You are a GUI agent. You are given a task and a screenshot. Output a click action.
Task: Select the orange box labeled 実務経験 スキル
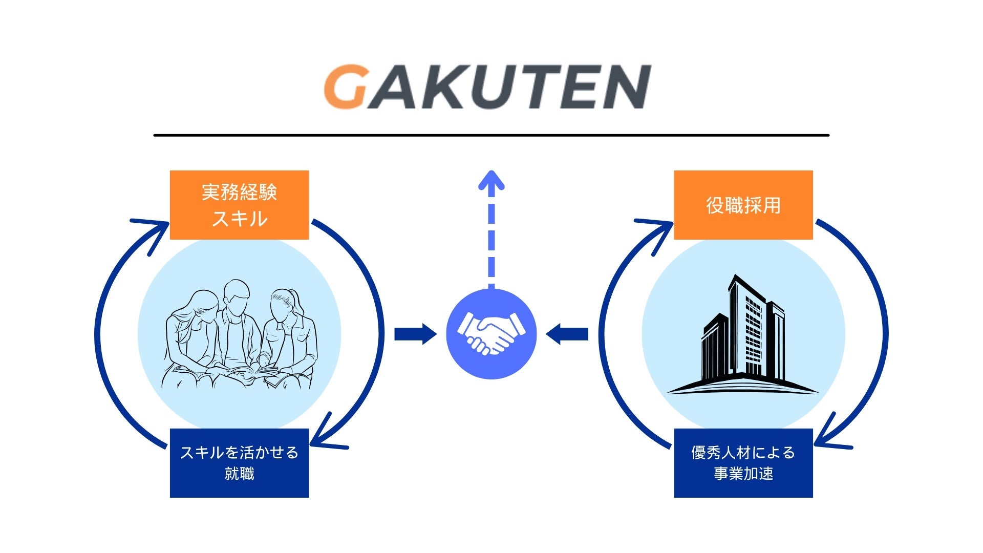(x=239, y=205)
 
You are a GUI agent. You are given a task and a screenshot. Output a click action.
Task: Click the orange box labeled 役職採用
(x=743, y=205)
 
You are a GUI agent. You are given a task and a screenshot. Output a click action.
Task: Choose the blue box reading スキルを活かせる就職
(x=239, y=463)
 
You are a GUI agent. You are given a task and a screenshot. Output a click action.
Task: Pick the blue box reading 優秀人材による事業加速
(x=743, y=463)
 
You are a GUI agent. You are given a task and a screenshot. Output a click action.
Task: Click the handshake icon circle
(x=491, y=334)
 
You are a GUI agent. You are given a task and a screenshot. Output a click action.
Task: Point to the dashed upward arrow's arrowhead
(x=491, y=180)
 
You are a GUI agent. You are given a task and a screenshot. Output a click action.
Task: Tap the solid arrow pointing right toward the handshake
(x=415, y=334)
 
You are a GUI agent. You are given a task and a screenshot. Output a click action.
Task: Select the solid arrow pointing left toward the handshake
(x=567, y=334)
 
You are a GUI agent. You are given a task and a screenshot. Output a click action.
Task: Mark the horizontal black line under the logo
(x=491, y=135)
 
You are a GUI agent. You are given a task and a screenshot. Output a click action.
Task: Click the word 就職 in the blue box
(x=239, y=474)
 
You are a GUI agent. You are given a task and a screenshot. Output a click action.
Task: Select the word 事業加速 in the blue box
(x=743, y=474)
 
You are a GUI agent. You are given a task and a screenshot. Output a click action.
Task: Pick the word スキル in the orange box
(x=239, y=219)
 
